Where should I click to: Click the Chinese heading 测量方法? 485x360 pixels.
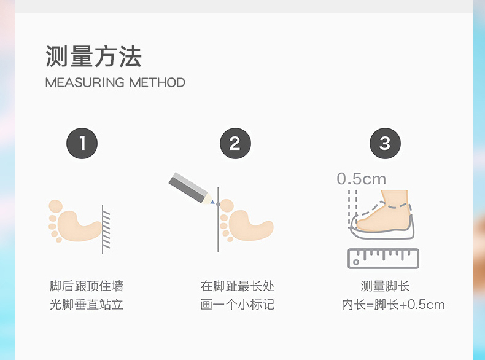pos(93,57)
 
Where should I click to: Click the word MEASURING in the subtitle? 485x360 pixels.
pos(85,83)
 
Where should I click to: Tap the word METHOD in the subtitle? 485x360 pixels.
pos(157,83)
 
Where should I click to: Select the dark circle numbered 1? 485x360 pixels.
pos(82,143)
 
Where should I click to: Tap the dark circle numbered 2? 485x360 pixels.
pos(235,143)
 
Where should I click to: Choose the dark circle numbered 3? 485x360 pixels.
pos(385,143)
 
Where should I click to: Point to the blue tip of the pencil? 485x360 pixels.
pos(212,202)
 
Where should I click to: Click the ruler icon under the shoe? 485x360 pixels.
pos(383,259)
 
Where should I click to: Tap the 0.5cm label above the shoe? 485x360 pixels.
pos(361,179)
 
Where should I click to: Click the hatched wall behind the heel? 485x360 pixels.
pos(106,229)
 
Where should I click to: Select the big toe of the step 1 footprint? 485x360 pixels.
pos(56,206)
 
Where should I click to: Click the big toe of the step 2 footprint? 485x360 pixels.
pos(227,206)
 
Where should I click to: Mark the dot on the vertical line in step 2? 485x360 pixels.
pos(219,205)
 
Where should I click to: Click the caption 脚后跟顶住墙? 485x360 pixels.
pos(87,286)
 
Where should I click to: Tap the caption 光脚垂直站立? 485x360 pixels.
pos(87,305)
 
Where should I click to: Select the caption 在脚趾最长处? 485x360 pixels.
pos(238,286)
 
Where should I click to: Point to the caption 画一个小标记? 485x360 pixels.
pos(238,305)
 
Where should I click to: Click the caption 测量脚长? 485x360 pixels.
pos(385,286)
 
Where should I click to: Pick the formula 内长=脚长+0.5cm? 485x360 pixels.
pos(393,305)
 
